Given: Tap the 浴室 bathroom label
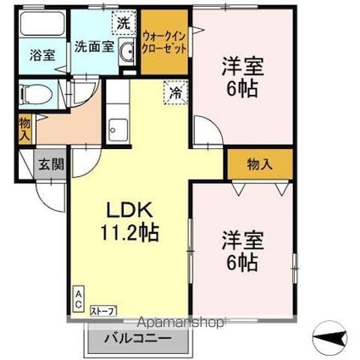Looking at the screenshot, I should pos(42,55).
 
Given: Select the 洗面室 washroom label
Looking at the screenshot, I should pos(92,47).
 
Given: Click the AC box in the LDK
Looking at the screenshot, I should pos(78,297).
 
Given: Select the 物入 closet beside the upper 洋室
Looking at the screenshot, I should pos(258,163).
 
